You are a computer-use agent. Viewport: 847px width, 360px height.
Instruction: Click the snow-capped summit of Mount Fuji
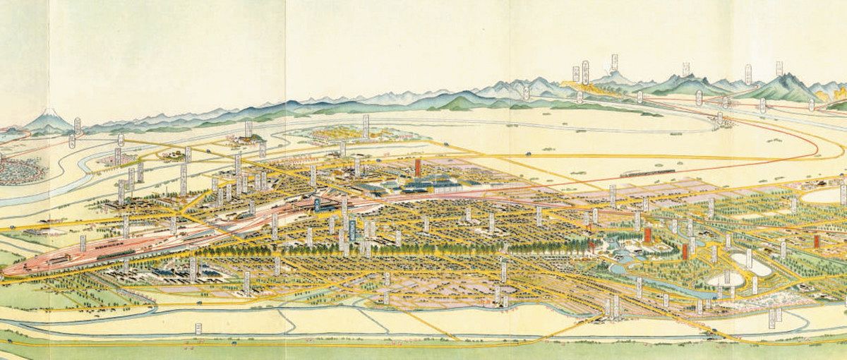pyautogui.click(x=48, y=113)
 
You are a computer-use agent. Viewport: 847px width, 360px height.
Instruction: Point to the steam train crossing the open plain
pyautogui.click(x=645, y=171)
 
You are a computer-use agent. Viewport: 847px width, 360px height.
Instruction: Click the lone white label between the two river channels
pyautogui.click(x=198, y=328)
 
